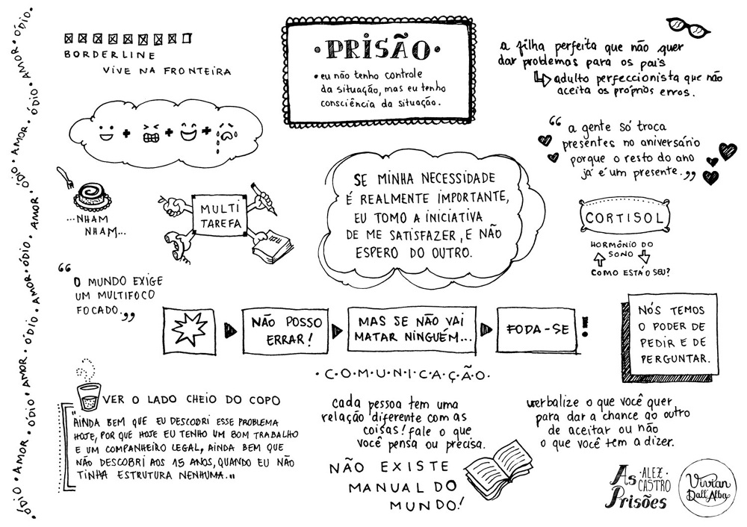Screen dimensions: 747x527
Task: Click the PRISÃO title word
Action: click(378, 49)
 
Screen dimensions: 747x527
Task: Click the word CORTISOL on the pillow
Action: click(624, 218)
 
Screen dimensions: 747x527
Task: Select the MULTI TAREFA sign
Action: click(220, 215)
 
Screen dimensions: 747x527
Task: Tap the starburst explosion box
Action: click(189, 331)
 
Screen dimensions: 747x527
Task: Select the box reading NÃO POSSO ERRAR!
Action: click(285, 331)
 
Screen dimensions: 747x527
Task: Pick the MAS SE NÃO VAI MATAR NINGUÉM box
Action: click(412, 330)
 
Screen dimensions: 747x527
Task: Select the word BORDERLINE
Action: click(110, 54)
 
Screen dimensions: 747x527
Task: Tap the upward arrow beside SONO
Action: click(598, 258)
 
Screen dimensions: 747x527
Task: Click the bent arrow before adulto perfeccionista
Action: click(542, 78)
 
